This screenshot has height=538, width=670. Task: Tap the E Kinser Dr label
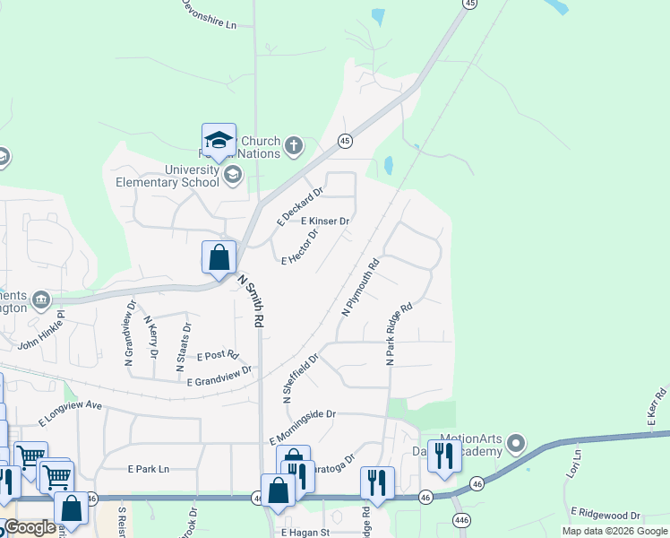pos(324,221)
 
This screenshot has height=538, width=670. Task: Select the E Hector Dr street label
pos(300,248)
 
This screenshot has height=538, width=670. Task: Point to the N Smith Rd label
pos(251,300)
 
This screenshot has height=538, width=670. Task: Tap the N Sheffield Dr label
pos(301,379)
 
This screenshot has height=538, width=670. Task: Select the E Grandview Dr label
pos(219,377)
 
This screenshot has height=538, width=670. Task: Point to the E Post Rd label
pos(218,355)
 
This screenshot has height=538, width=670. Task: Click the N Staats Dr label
pos(187,341)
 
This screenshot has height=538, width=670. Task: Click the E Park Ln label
pos(149,469)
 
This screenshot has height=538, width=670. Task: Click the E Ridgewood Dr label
pos(606,516)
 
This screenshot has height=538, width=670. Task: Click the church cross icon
pos(294,144)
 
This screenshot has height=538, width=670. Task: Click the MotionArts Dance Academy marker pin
pos(515,443)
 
